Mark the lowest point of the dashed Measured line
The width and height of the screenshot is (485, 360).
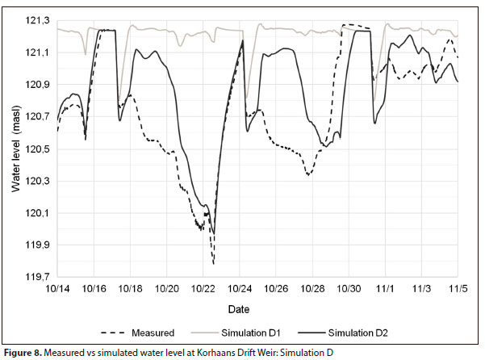(214, 263)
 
